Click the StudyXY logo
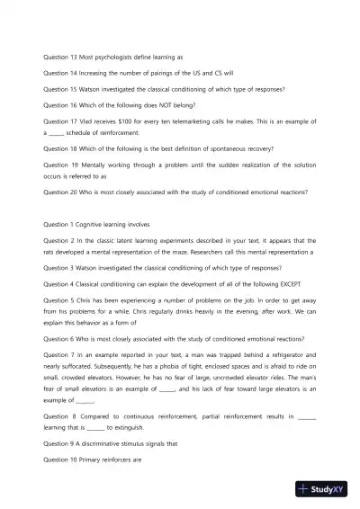click(x=323, y=490)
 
